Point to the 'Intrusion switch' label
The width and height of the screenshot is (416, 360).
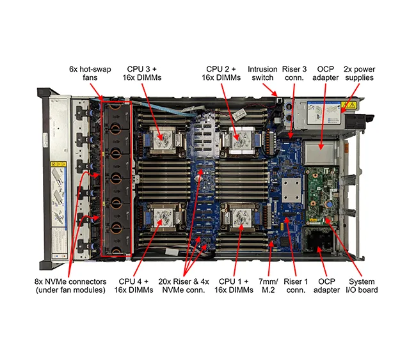262,73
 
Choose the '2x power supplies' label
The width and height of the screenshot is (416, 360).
358,73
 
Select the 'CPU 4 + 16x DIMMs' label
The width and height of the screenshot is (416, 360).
136,286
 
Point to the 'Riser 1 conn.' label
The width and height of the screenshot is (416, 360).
296,286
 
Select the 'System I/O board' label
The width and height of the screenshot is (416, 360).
362,286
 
